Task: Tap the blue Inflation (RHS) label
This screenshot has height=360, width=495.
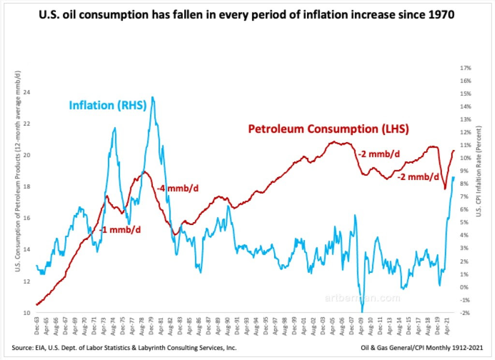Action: pyautogui.click(x=108, y=105)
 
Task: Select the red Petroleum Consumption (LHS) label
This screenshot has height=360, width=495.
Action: pyautogui.click(x=328, y=129)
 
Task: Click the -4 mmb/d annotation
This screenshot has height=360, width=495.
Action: pyautogui.click(x=178, y=188)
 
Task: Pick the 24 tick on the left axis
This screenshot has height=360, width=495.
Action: pyautogui.click(x=25, y=92)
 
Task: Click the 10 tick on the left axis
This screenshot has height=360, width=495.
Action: pyautogui.click(x=25, y=313)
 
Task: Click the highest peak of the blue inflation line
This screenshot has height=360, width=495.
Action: pyautogui.click(x=153, y=97)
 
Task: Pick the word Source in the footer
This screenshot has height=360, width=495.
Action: pyautogui.click(x=23, y=348)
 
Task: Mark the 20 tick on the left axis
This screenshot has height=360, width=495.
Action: pyautogui.click(x=25, y=155)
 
